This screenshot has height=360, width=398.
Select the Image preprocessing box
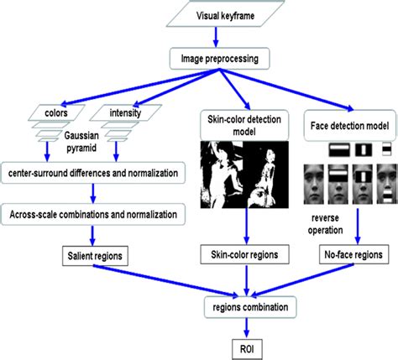pyautogui.click(x=221, y=58)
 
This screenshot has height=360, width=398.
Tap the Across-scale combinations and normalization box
pyautogui.click(x=95, y=216)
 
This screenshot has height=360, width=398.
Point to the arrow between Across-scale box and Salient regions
pyautogui.click(x=95, y=233)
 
